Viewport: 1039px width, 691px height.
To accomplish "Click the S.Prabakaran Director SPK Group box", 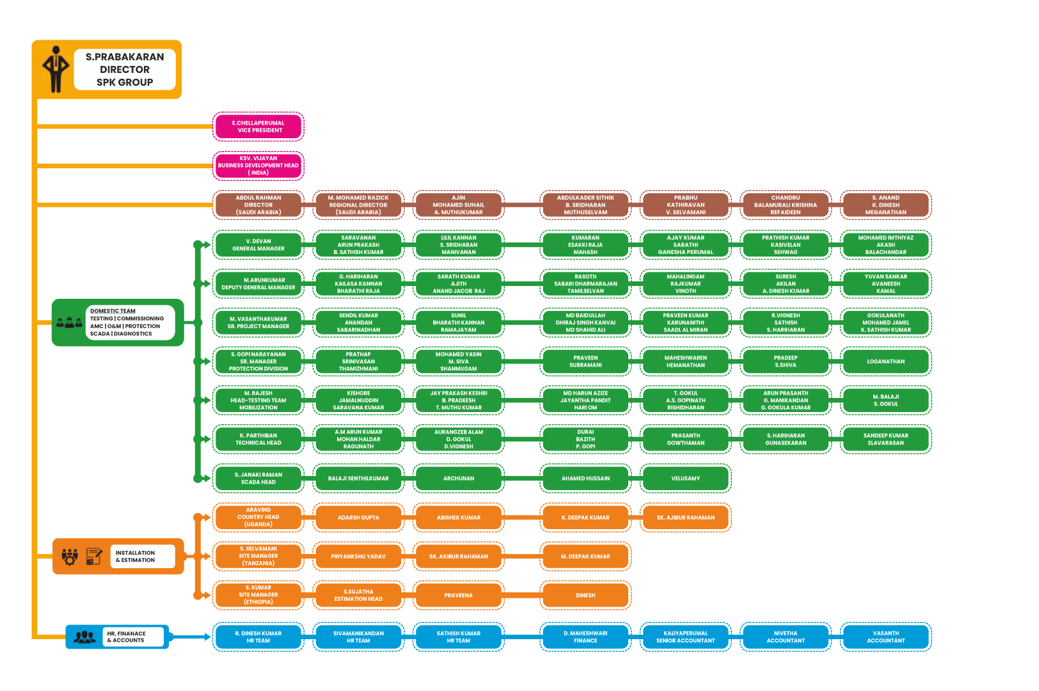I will point(124,69).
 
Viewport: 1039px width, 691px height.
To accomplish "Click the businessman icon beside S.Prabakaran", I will point(56,69).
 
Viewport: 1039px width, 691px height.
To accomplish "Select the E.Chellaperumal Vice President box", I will point(258,127).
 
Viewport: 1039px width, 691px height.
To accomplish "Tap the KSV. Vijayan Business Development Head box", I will point(258,166).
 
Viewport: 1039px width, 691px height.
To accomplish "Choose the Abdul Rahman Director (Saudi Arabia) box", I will point(258,205).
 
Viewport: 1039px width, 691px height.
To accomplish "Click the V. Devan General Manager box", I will point(258,245).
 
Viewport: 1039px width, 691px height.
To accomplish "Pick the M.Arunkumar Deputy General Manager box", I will point(258,283).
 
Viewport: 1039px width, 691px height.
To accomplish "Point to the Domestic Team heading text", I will point(113,311).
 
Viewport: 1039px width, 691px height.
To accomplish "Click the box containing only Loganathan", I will point(885,361).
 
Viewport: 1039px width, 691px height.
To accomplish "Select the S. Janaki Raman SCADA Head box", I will point(258,479).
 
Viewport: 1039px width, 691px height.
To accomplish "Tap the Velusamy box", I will point(685,479).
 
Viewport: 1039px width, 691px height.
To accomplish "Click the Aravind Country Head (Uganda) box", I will point(258,518).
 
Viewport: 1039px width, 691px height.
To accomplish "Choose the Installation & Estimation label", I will point(135,557).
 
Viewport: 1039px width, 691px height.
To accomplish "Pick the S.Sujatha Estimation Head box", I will point(358,596).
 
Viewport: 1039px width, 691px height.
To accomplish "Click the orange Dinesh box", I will point(585,596).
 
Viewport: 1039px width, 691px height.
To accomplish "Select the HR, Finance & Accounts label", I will point(127,637).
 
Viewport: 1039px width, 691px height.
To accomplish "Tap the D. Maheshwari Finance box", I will point(585,637).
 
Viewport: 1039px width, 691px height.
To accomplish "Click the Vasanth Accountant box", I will point(885,637).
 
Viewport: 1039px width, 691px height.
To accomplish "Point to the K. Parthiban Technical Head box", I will point(258,440).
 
